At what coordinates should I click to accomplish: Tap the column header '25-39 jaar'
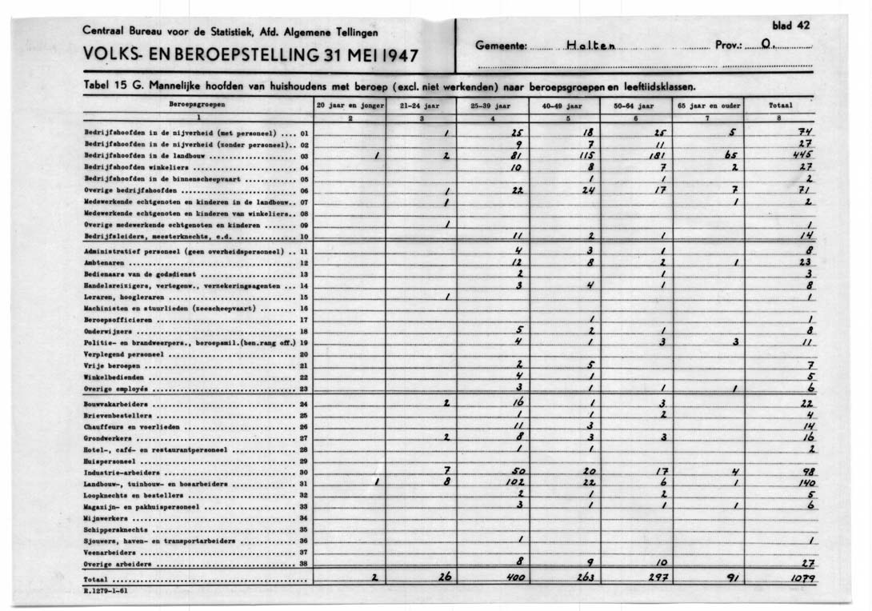pyautogui.click(x=494, y=105)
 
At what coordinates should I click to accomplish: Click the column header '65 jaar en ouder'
pyautogui.click(x=707, y=105)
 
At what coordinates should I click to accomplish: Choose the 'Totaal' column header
pyautogui.click(x=780, y=105)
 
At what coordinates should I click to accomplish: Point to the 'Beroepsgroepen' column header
pyautogui.click(x=196, y=105)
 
